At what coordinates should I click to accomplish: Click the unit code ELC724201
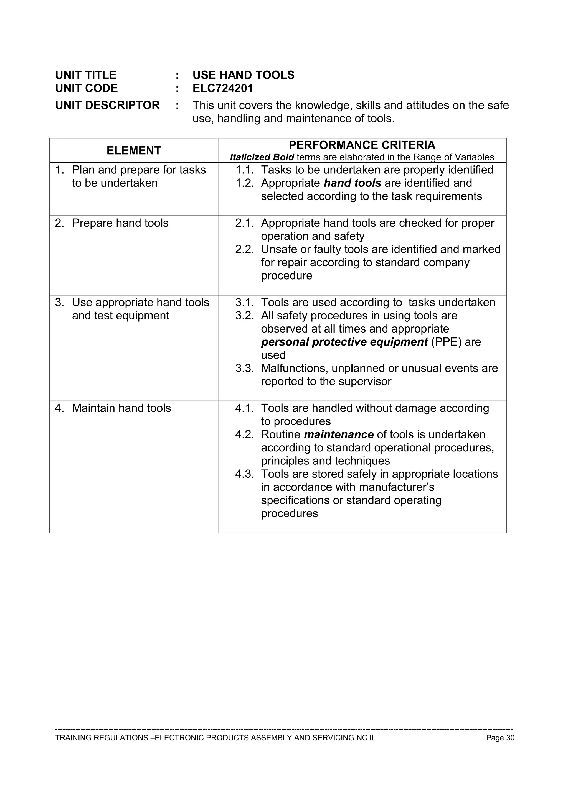pyautogui.click(x=223, y=88)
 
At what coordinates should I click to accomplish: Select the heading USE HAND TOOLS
pyautogui.click(x=243, y=75)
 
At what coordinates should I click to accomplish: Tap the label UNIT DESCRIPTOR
pyautogui.click(x=107, y=105)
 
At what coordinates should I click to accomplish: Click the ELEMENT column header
pyautogui.click(x=133, y=150)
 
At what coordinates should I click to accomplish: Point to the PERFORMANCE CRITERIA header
pyautogui.click(x=362, y=145)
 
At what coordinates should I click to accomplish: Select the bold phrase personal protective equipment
pyautogui.click(x=344, y=342)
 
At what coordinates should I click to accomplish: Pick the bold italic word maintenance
pyautogui.click(x=338, y=434)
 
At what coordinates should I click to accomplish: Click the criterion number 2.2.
pyautogui.click(x=244, y=249)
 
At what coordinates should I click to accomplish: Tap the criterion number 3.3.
pyautogui.click(x=244, y=368)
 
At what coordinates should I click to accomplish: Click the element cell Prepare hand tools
pyautogui.click(x=120, y=223)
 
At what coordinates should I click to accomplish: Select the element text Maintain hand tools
pyautogui.click(x=121, y=408)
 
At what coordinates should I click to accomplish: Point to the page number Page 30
pyautogui.click(x=500, y=738)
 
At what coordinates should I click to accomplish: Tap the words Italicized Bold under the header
pyautogui.click(x=262, y=157)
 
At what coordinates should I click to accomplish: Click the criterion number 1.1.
pyautogui.click(x=244, y=170)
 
